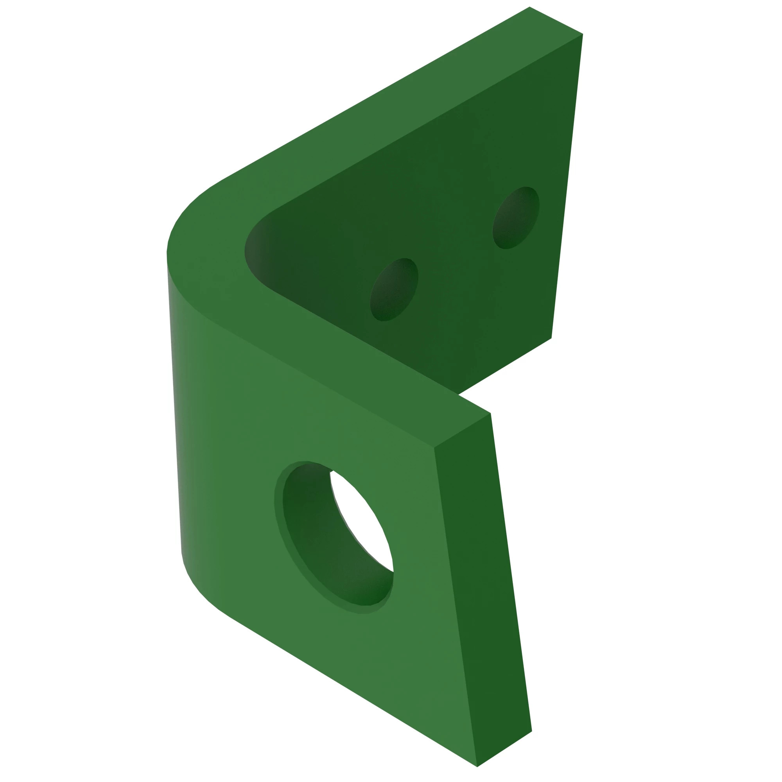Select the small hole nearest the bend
click(393, 290)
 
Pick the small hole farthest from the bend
click(516, 218)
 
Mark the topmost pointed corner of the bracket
click(529, 7)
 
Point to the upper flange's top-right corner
click(583, 34)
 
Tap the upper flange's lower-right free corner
click(551, 338)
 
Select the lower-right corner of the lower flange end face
click(531, 731)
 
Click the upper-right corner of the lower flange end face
click(491, 413)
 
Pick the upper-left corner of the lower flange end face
click(434, 448)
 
